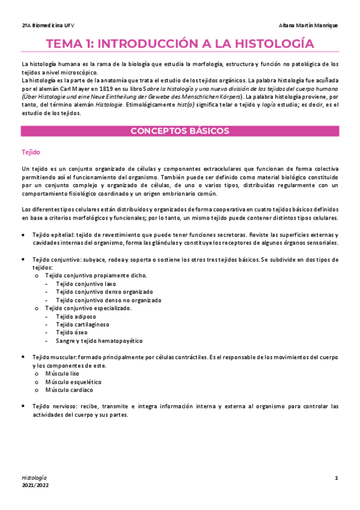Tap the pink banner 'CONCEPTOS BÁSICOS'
point(180,131)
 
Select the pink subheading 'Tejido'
point(31,152)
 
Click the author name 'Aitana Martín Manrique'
point(309,25)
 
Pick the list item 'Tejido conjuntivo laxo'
point(86,283)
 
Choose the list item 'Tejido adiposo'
point(76,316)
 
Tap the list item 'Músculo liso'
point(62,373)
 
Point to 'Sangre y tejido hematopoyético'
point(99,341)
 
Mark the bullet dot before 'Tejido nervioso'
point(23,407)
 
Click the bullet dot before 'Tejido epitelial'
point(23,235)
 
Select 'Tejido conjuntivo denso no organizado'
point(108,300)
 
